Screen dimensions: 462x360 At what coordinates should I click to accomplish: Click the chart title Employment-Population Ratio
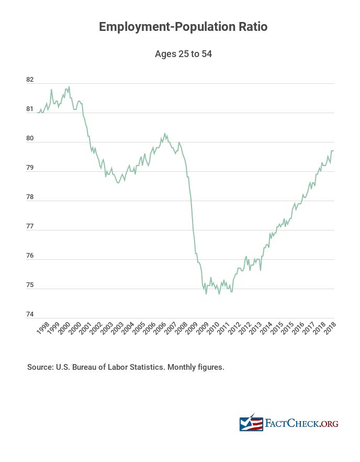point(183,27)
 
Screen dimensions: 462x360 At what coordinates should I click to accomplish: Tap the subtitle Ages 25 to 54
point(183,54)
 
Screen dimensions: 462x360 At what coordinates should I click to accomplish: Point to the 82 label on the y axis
point(30,80)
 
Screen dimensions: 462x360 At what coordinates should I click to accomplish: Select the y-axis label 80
point(30,139)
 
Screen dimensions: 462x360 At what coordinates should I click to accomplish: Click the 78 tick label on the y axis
point(30,197)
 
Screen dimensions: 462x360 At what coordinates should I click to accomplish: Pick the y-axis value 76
point(30,256)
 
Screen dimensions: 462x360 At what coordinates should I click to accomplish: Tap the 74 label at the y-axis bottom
point(30,315)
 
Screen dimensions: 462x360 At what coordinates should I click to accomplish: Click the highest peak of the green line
point(69,87)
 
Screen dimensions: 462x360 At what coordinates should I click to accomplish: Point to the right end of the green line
point(333,151)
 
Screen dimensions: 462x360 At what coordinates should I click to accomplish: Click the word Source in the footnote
point(40,367)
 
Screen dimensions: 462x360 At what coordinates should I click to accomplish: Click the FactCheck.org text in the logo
point(302,423)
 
